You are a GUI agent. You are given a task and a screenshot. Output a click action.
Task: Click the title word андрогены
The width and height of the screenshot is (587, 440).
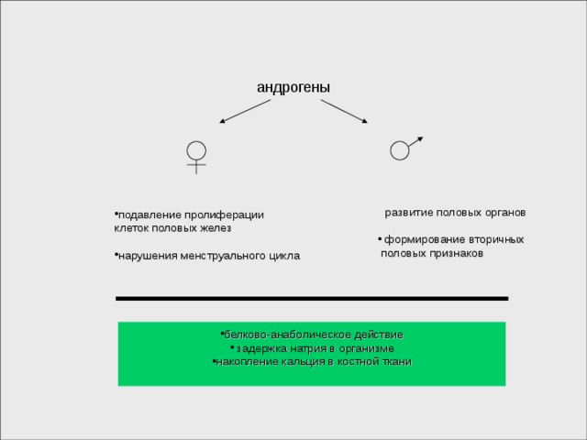pyautogui.click(x=293, y=88)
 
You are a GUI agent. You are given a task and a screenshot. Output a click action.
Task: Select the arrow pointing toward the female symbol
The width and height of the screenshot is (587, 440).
pyautogui.click(x=245, y=111)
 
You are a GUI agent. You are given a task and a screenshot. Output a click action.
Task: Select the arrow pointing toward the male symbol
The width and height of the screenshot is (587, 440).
pyautogui.click(x=344, y=111)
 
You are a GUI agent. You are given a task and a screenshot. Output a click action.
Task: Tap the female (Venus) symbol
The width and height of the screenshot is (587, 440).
pyautogui.click(x=196, y=158)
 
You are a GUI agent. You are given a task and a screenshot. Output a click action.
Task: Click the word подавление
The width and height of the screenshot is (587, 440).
pyautogui.click(x=150, y=215)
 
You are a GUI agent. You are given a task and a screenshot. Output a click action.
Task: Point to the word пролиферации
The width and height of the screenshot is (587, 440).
pyautogui.click(x=224, y=215)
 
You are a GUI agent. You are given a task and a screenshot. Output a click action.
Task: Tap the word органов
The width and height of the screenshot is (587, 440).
pyautogui.click(x=505, y=213)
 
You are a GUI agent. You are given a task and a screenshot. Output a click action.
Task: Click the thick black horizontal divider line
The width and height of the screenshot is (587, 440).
pyautogui.click(x=312, y=299)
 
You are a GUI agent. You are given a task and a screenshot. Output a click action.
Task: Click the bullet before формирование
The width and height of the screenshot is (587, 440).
pyautogui.click(x=380, y=238)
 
